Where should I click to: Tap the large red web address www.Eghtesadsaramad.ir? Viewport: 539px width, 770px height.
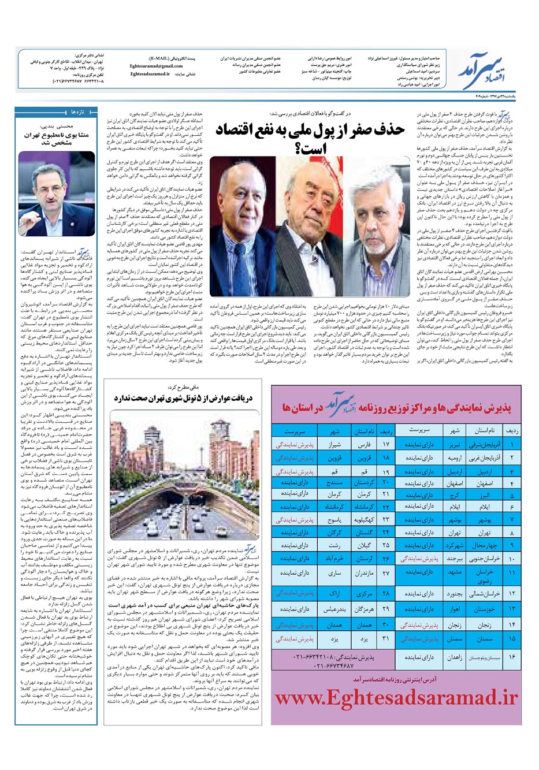pos(396,697)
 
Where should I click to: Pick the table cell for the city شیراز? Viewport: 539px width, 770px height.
pos(335,445)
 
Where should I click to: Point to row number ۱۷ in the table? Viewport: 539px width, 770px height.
pos(386,445)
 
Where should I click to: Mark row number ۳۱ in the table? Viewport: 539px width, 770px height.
pos(386,639)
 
